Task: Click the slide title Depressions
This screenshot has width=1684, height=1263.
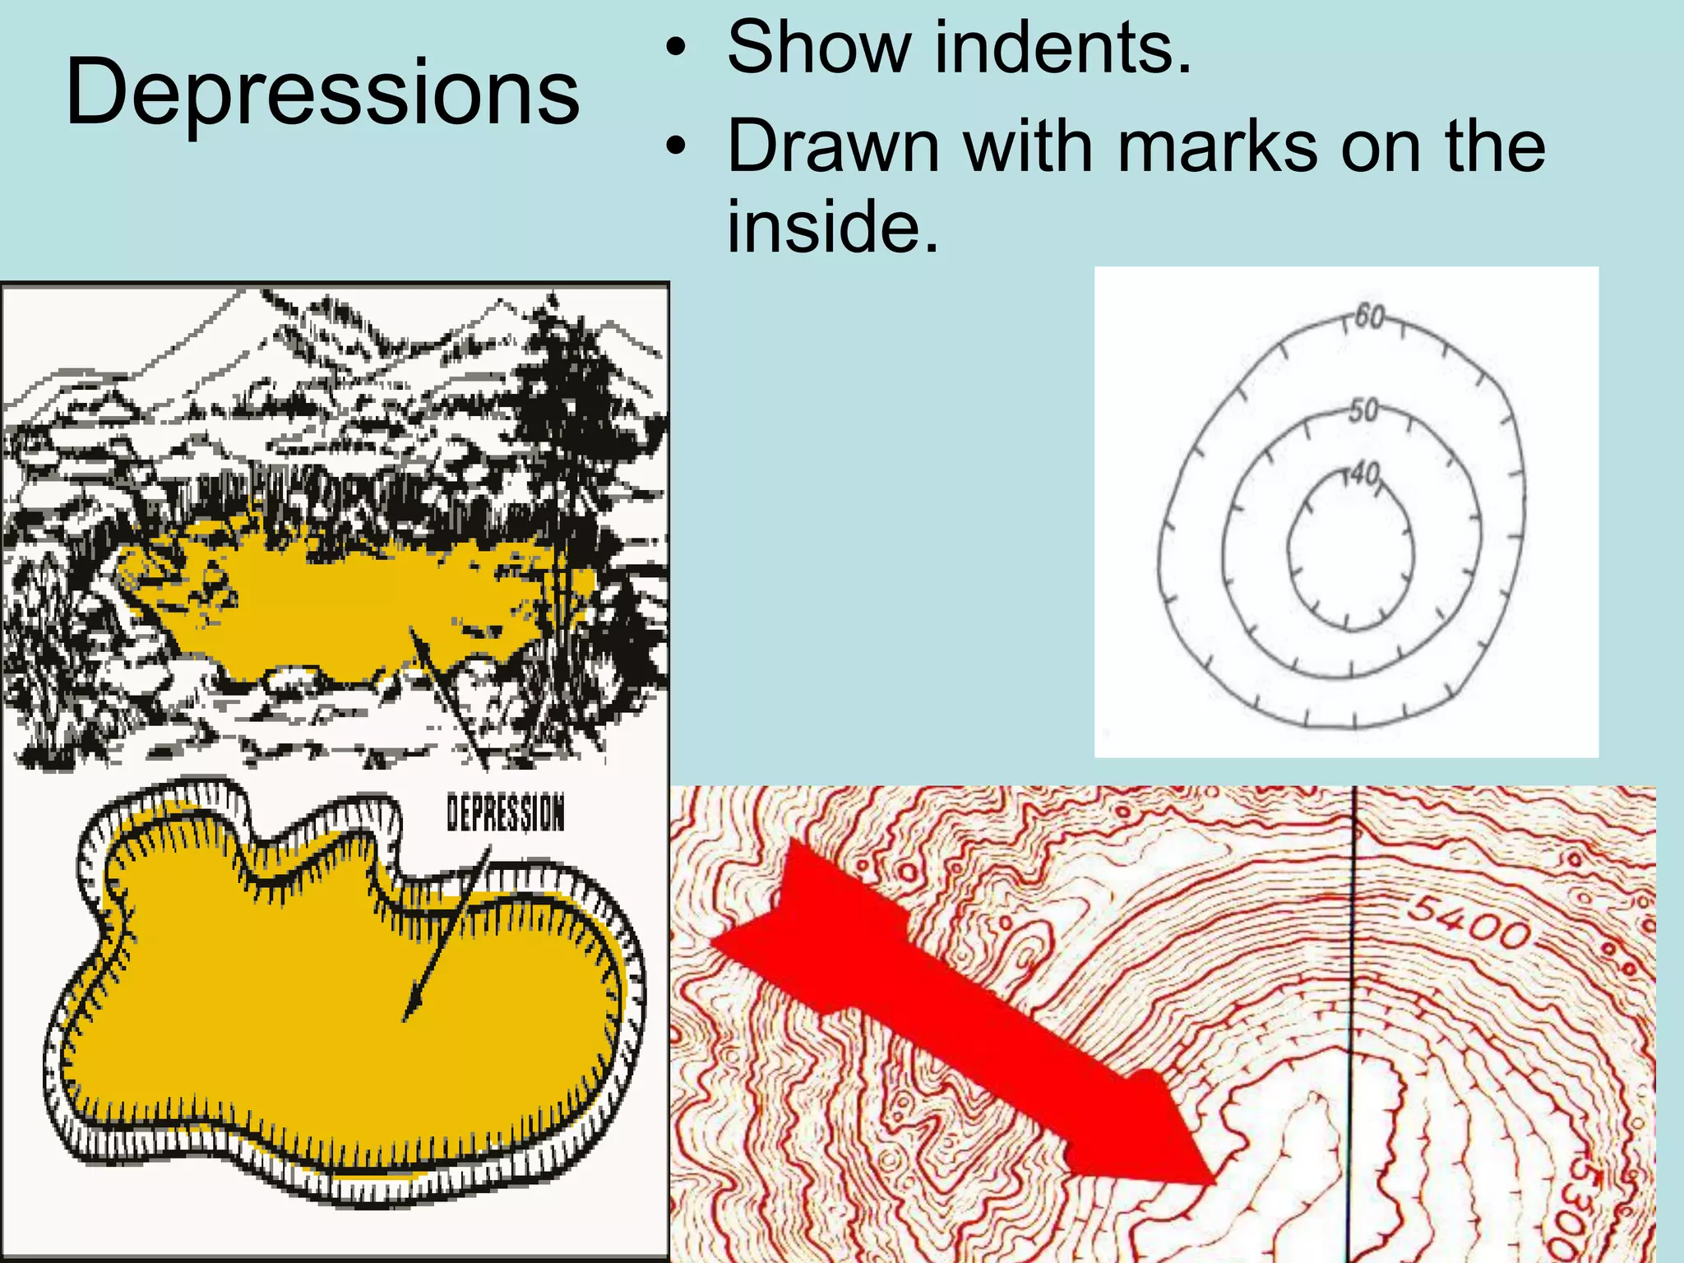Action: (x=322, y=92)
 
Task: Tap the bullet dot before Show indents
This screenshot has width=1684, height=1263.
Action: (x=676, y=49)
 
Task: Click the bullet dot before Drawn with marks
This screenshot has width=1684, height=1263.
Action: (x=676, y=149)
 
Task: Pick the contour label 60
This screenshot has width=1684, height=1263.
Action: (x=1369, y=316)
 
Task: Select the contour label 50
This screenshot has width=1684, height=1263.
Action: (x=1362, y=409)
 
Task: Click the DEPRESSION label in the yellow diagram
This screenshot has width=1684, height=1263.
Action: (x=506, y=812)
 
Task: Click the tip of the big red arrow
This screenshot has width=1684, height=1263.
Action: (x=1212, y=1182)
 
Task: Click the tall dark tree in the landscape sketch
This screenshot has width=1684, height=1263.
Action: (x=567, y=460)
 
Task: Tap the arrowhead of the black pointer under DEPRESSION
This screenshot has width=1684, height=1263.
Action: (x=409, y=1013)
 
